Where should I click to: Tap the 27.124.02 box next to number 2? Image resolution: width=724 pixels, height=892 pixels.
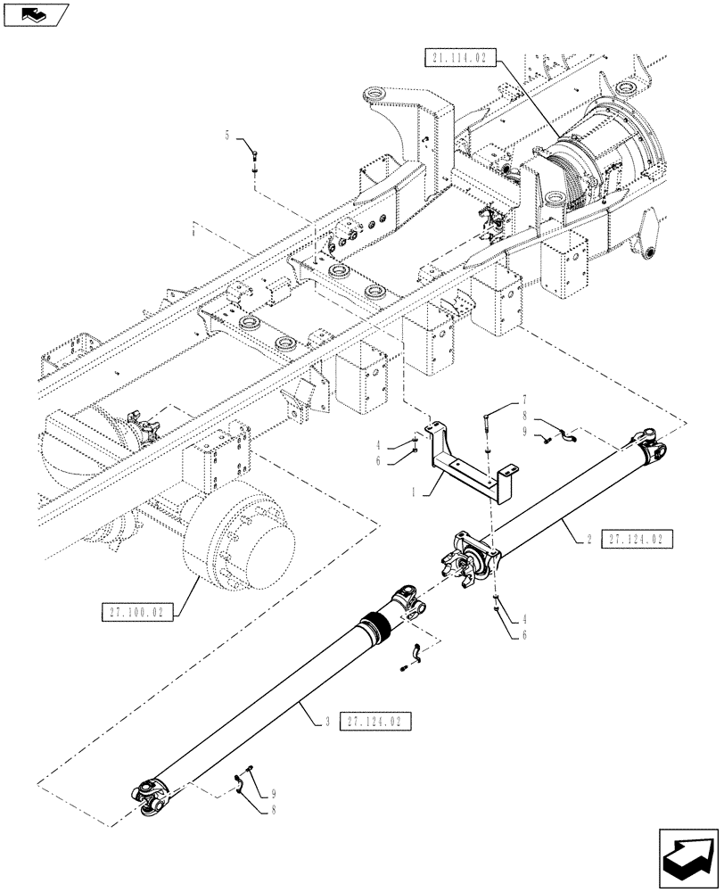(637, 540)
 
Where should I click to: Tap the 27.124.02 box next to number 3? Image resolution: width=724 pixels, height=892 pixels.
(375, 719)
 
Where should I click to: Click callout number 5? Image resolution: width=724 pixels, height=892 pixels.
(226, 136)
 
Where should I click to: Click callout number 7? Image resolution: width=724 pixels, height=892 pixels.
(525, 399)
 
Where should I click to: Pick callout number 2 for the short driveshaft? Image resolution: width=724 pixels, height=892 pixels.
(589, 540)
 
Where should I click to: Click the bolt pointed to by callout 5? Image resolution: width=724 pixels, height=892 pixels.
(256, 160)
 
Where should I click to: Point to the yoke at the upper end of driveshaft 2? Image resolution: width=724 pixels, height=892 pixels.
(648, 439)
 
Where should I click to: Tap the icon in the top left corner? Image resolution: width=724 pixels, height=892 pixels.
(35, 13)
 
